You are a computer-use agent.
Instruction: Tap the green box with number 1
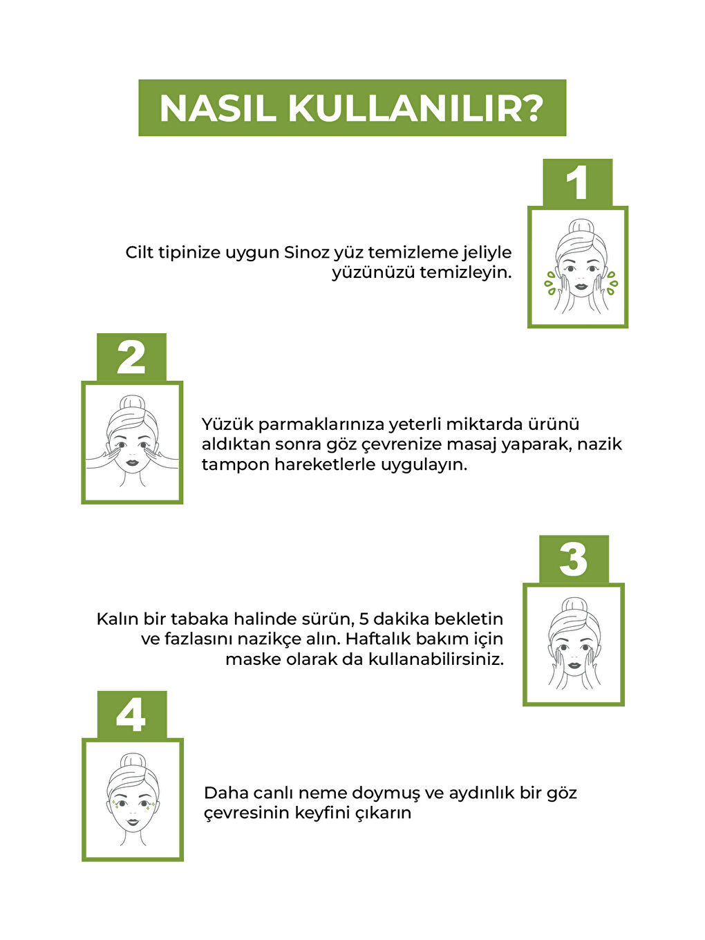point(577,182)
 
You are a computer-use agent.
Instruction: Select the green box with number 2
point(131,357)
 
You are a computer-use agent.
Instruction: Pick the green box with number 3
point(574,559)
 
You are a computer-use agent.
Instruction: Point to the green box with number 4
point(132,715)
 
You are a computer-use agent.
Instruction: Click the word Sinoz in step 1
point(306,253)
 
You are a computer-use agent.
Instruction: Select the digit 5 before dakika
point(364,619)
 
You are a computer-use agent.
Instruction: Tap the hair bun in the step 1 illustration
point(580,227)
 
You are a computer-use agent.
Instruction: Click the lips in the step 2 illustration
point(132,463)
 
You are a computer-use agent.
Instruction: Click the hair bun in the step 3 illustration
point(574,605)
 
